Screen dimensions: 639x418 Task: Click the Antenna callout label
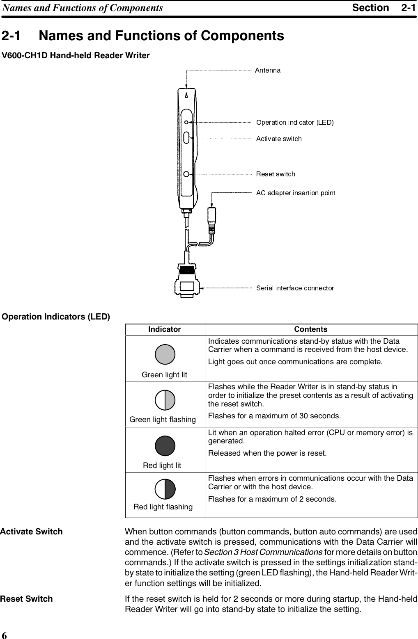coord(268,71)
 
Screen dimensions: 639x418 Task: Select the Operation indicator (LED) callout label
coord(295,122)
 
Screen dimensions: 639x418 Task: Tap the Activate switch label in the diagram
coord(279,139)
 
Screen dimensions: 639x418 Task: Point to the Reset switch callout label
coord(276,174)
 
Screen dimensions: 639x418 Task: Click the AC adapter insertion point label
coord(296,193)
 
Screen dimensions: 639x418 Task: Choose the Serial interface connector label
coord(295,288)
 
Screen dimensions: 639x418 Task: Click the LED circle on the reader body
coord(186,122)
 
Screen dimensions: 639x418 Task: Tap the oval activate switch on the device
coord(186,138)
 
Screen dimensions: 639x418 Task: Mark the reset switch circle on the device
coord(186,174)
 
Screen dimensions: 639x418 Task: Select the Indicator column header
coord(164,329)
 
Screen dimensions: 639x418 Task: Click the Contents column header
coord(311,329)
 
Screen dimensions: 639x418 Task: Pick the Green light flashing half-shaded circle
coord(165,400)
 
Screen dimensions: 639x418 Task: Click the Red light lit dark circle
coord(165,446)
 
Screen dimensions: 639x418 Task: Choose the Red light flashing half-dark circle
coord(165,489)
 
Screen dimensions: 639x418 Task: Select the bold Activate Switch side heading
coord(32,532)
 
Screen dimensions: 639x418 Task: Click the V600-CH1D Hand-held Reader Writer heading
coord(76,55)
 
